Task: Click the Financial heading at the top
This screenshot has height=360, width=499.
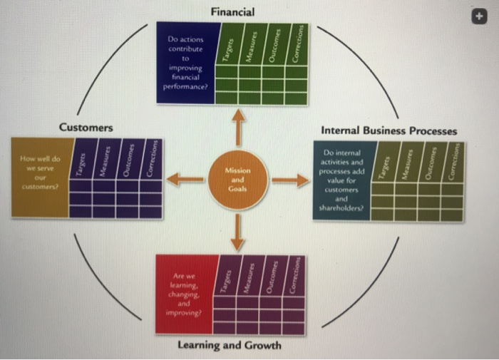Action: pos(232,11)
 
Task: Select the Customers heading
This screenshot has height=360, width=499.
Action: pos(86,128)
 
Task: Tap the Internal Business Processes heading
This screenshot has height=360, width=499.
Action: pos(389,131)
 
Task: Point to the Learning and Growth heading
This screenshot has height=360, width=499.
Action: pos(229,346)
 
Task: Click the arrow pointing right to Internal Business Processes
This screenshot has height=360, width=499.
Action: pos(289,179)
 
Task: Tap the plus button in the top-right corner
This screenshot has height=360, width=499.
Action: pos(485,15)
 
